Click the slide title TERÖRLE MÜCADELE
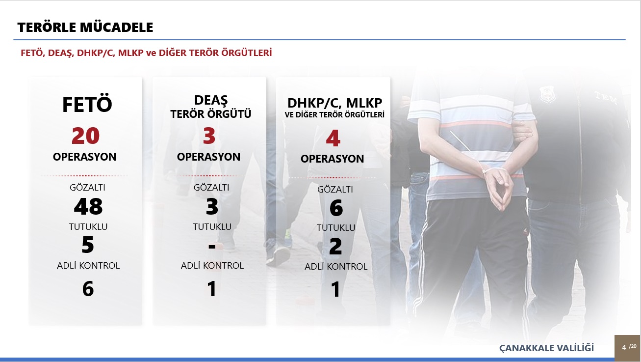85,28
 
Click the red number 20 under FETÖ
85,136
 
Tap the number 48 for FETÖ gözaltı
88,206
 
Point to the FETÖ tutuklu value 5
88,245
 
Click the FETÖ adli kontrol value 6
88,289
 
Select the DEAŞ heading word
211,100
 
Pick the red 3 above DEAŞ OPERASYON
209,136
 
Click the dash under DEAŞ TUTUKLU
212,246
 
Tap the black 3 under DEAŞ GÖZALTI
212,206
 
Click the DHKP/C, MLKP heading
334,103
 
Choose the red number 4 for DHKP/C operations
333,138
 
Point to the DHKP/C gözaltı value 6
336,208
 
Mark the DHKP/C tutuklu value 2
335,247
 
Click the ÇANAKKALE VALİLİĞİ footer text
546,348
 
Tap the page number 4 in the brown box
624,347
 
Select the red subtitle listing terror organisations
146,53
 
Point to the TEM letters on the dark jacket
605,97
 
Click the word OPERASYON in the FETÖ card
85,157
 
